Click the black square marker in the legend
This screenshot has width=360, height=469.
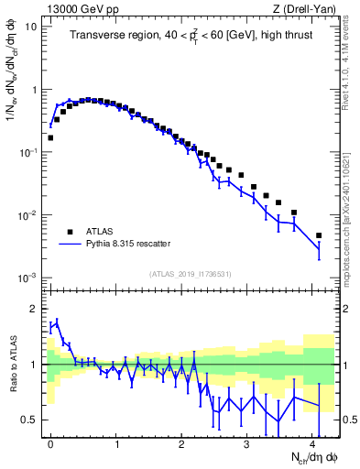pos(70,232)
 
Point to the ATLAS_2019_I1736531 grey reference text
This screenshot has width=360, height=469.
pos(191,273)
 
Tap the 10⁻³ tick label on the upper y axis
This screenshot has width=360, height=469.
pos(28,278)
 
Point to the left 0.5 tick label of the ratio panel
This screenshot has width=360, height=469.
pos(31,420)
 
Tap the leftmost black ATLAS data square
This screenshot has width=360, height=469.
pos(50,137)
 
